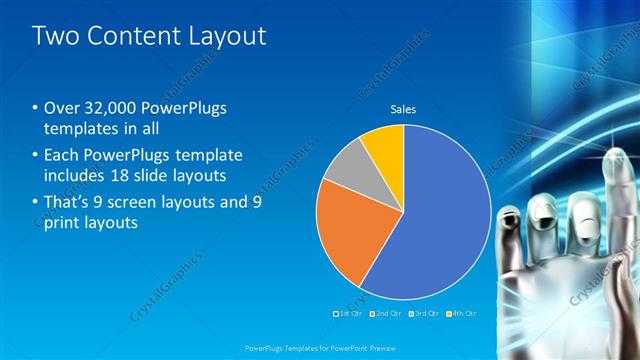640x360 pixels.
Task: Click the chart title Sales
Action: tap(403, 110)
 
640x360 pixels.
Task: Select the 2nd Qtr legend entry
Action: tap(388, 314)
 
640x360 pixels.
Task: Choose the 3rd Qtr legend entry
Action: tap(424, 314)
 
